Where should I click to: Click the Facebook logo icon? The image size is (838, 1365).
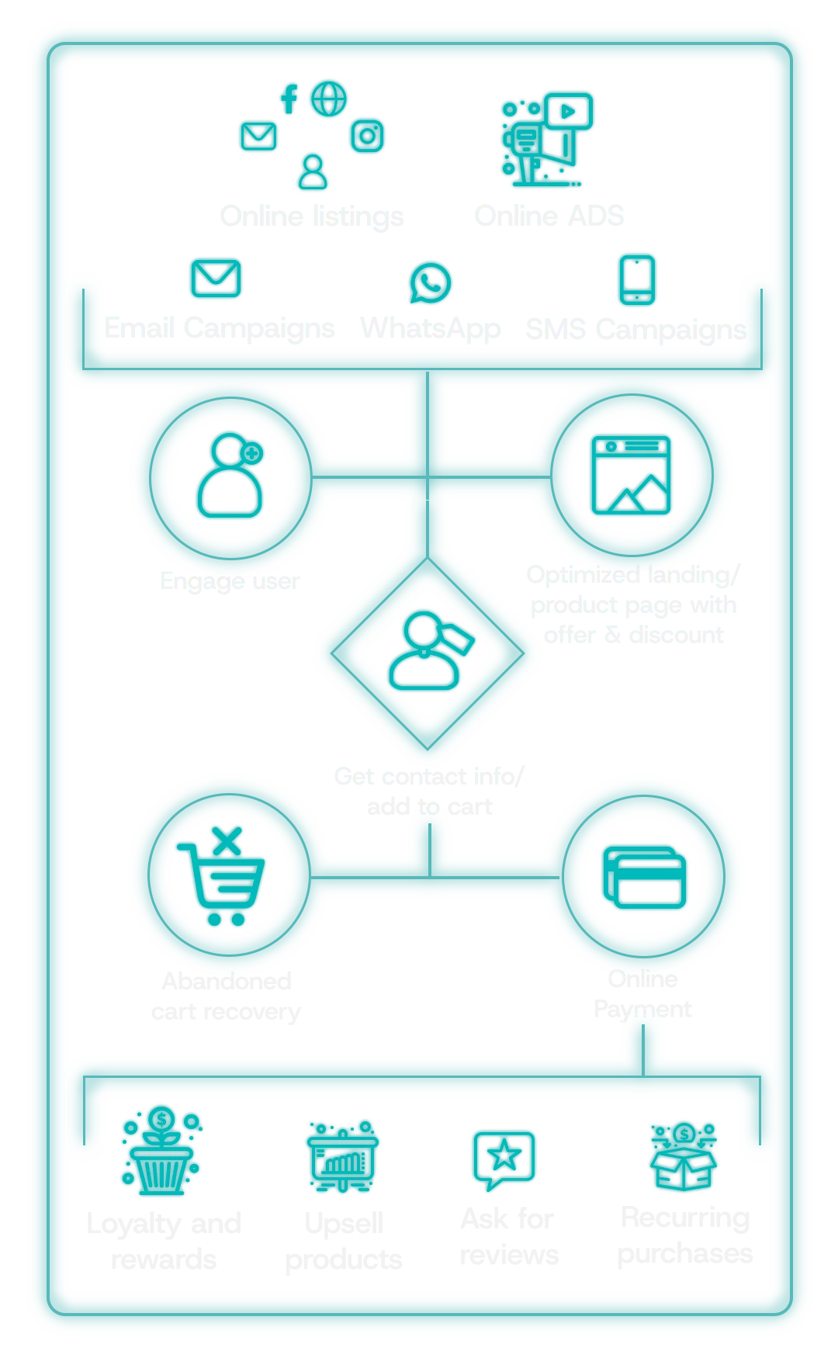(x=289, y=99)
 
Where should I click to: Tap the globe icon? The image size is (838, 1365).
(x=329, y=99)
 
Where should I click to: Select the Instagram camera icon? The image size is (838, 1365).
(x=368, y=137)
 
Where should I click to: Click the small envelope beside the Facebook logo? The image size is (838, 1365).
(x=258, y=137)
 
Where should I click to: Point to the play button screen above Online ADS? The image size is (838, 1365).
(x=569, y=112)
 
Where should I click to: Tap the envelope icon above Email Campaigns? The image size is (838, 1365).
(x=216, y=278)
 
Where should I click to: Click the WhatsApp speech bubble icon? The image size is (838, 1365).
(x=431, y=283)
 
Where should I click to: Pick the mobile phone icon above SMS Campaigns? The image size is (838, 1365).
(x=638, y=280)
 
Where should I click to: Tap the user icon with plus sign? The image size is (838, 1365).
(x=230, y=476)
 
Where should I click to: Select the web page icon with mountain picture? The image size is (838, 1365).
(x=631, y=475)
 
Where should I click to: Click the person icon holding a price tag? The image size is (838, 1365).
(x=429, y=651)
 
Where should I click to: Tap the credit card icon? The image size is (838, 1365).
(x=645, y=878)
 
